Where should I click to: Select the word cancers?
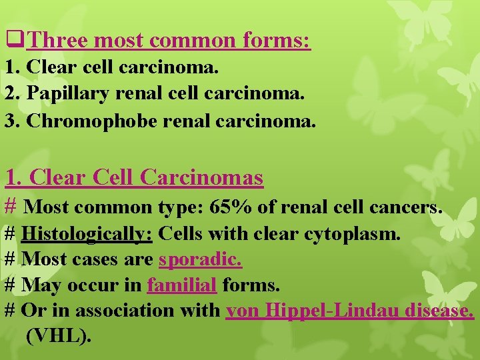406,207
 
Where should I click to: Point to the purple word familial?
182,285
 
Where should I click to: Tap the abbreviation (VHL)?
57,336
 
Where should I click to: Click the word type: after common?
179,207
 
